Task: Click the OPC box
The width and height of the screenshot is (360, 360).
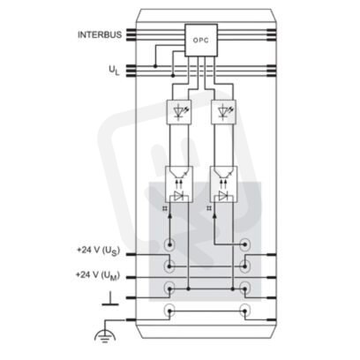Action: (x=201, y=40)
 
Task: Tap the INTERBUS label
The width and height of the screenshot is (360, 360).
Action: (x=100, y=34)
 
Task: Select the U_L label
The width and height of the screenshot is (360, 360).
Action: (x=114, y=71)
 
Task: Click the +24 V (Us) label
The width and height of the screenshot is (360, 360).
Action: (x=99, y=251)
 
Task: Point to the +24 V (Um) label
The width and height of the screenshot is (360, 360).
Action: (x=98, y=275)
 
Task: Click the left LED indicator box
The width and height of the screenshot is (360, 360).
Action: (x=179, y=112)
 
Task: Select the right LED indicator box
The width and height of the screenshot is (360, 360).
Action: (x=223, y=112)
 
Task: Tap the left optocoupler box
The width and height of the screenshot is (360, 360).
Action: (x=179, y=184)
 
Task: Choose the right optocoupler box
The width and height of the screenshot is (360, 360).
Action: (x=223, y=184)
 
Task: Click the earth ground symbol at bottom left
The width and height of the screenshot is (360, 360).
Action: (x=105, y=336)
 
